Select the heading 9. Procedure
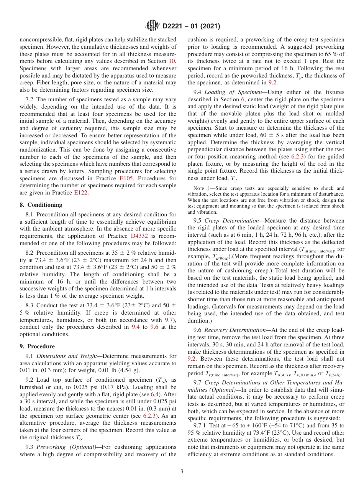(x=37, y=346)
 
